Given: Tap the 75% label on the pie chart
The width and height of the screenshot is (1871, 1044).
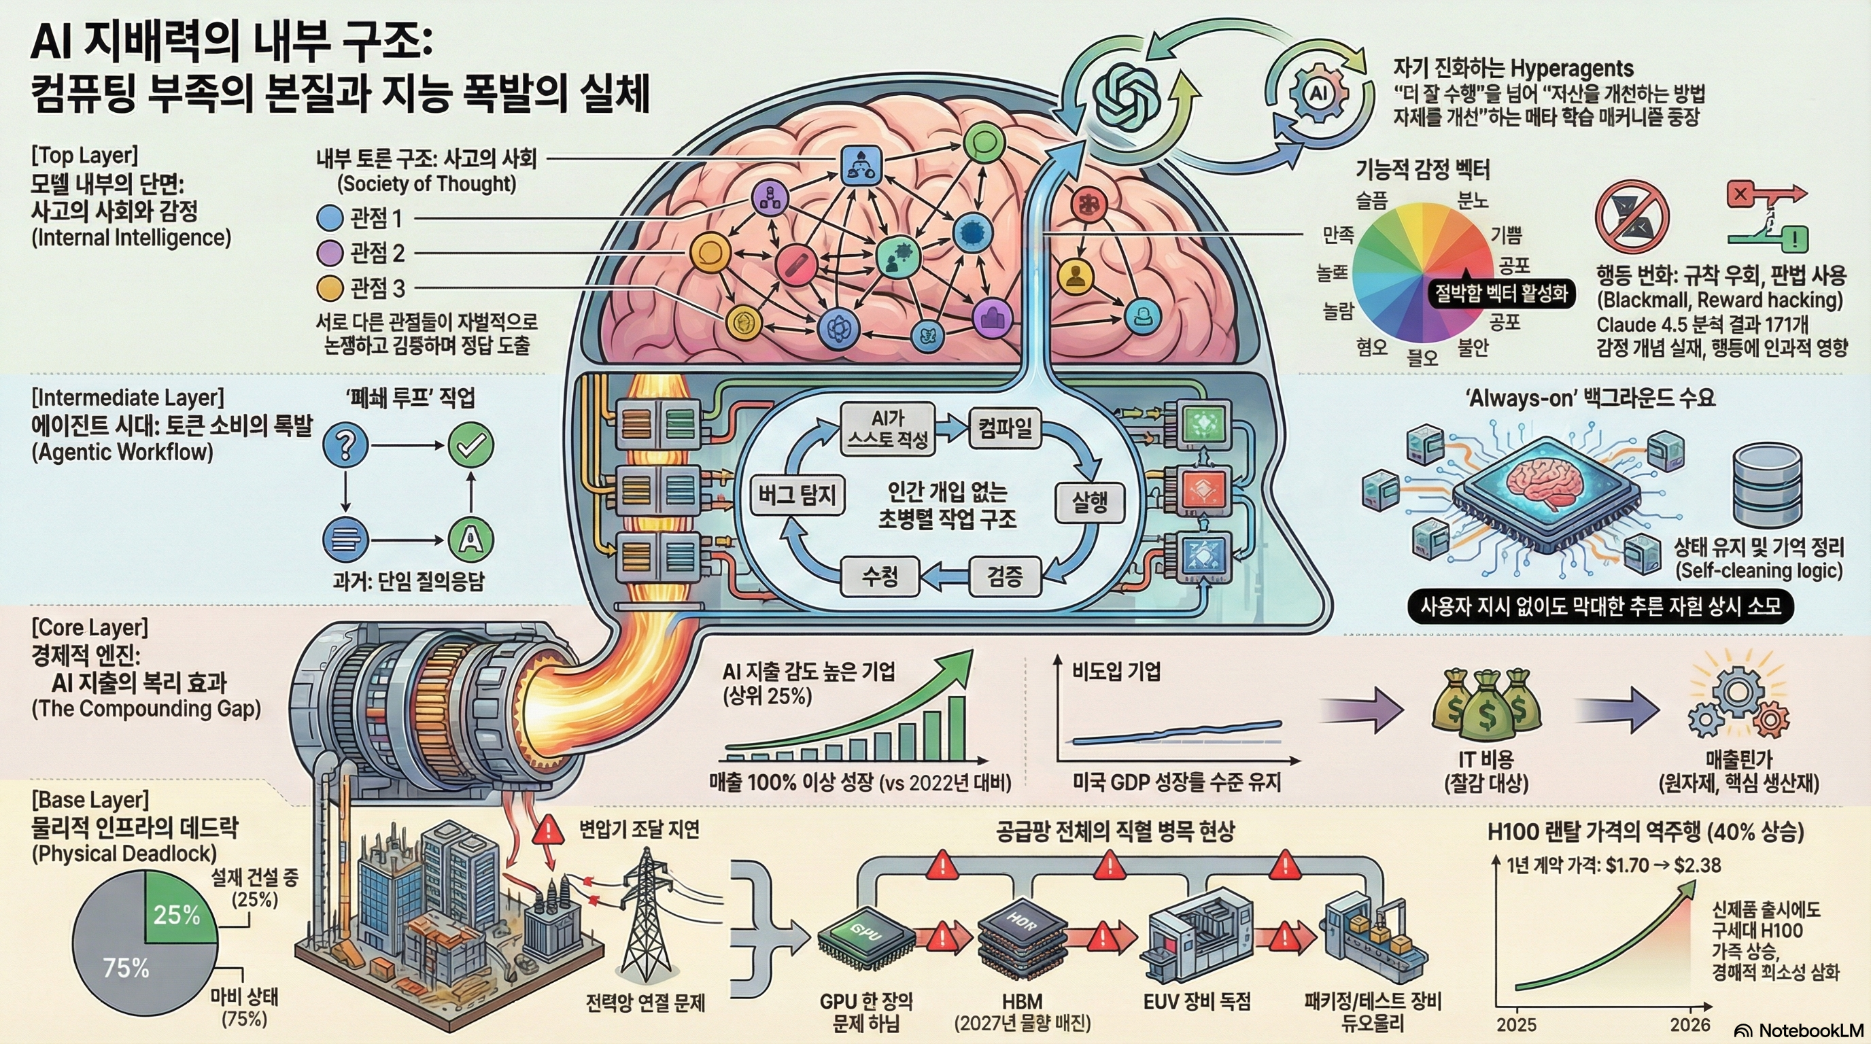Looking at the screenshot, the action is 125,968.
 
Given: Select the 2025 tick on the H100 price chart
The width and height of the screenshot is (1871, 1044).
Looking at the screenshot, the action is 1517,1024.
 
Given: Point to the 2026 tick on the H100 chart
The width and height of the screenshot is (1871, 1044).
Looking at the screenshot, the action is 1689,1024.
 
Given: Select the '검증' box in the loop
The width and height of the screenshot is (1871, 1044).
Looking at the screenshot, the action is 1004,576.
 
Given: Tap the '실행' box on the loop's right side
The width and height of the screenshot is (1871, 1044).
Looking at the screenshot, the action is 1088,501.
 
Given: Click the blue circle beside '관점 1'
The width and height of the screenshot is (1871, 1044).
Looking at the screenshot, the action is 330,217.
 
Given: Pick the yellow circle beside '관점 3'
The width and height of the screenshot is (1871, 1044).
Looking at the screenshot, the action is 330,288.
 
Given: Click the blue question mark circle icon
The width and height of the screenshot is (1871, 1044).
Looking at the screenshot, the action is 345,445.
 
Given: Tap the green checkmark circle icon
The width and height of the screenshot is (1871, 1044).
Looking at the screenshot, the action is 470,445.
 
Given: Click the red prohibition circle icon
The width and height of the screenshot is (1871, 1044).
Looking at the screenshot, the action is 1630,216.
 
